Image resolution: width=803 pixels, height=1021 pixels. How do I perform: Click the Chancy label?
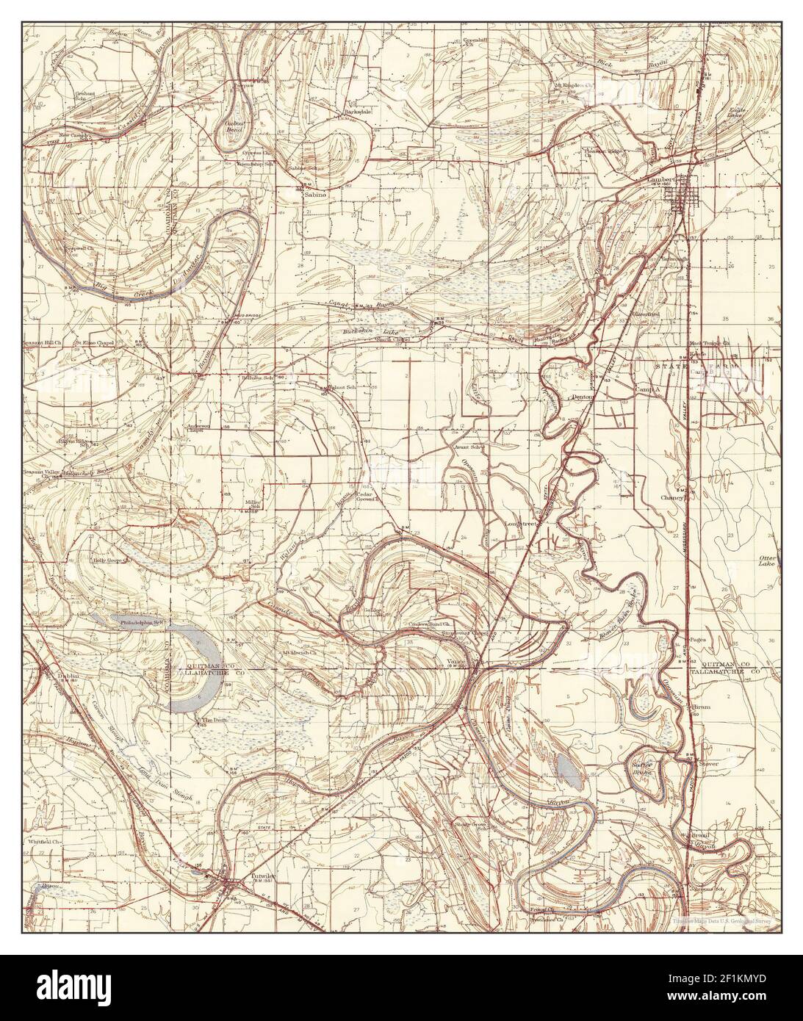click(671, 497)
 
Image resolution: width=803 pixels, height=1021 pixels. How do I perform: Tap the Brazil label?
click(699, 836)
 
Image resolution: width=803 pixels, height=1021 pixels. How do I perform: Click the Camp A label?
click(647, 389)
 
